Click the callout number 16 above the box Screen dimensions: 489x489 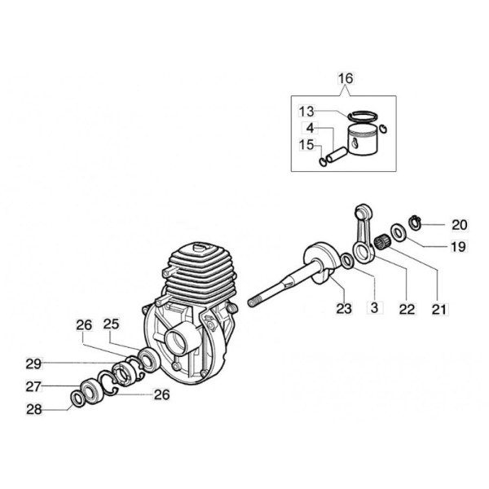[x=346, y=78]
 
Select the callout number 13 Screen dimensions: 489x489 [x=306, y=112]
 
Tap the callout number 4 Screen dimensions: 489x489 [x=310, y=128]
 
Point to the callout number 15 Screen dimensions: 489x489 [x=306, y=145]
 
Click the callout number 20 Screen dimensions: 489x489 [x=460, y=225]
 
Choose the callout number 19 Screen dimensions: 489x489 [x=458, y=247]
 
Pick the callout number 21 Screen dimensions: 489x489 [x=440, y=309]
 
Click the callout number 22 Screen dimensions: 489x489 [x=407, y=309]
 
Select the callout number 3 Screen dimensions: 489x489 [x=375, y=308]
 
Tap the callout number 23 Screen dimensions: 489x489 [x=344, y=308]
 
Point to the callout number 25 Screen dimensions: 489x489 [x=112, y=324]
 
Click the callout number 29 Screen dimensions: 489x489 [x=33, y=364]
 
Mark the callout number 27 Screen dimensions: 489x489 [x=33, y=387]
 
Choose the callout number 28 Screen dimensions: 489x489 [x=34, y=409]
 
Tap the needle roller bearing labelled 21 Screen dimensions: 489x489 [x=383, y=242]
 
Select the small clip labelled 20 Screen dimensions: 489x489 [x=415, y=222]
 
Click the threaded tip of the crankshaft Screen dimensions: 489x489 [x=254, y=302]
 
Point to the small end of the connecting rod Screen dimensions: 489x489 [x=362, y=211]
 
